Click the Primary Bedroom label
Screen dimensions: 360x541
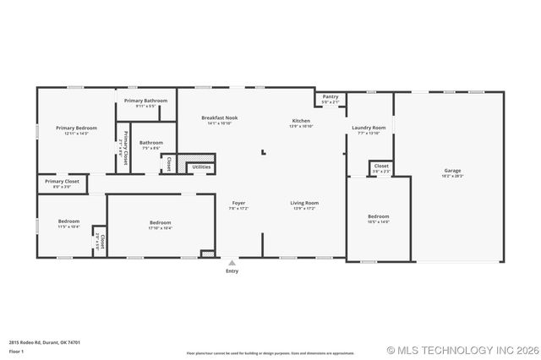[77, 128]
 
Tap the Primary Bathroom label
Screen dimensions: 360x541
[145, 101]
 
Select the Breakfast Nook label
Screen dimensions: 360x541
[219, 117]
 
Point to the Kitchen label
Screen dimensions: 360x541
[301, 121]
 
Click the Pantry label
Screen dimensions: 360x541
[331, 96]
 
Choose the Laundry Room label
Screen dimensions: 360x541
[369, 128]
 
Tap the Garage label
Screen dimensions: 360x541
[452, 171]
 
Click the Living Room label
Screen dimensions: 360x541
[304, 202]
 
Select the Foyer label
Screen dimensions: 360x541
[238, 202]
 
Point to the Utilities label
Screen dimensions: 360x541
[201, 166]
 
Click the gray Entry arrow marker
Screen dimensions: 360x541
[232, 263]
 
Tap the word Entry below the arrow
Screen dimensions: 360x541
[232, 271]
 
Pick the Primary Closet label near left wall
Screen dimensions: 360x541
[62, 181]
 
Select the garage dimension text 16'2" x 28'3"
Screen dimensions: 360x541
[452, 176]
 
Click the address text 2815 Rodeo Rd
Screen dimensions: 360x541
[45, 342]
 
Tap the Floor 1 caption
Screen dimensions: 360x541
[16, 350]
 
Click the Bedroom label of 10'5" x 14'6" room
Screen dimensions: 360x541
[378, 216]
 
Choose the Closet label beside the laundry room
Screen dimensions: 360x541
[381, 166]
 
